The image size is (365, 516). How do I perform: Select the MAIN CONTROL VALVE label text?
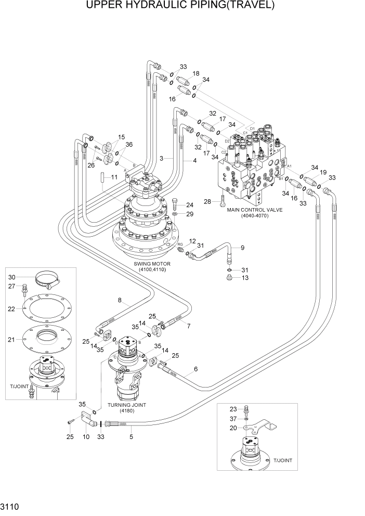(x=247, y=210)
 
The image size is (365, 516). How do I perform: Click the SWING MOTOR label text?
(x=151, y=264)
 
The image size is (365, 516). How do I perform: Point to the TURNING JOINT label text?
(x=127, y=405)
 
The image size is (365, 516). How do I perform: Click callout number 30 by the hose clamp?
(x=12, y=277)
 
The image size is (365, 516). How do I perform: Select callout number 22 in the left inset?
(x=12, y=309)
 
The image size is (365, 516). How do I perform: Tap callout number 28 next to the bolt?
(x=208, y=201)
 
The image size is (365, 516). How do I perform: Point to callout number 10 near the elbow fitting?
(x=86, y=437)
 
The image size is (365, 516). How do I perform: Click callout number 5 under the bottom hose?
(x=131, y=437)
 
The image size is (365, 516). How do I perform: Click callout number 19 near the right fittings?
(x=322, y=172)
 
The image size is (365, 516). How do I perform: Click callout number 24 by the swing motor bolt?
(x=190, y=204)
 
